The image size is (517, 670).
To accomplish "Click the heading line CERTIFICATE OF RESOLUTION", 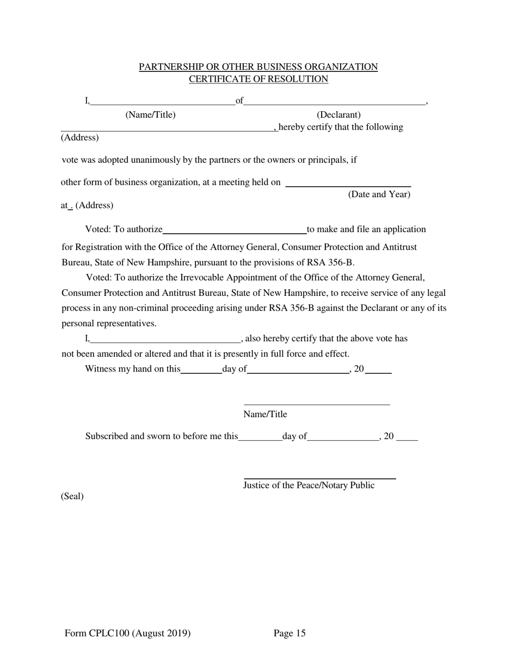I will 258,79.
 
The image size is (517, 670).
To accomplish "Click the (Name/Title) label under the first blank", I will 151,115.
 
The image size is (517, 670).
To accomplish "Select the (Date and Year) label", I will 379,194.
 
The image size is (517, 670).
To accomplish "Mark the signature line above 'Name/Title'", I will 317,404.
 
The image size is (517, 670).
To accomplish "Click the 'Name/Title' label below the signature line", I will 265,415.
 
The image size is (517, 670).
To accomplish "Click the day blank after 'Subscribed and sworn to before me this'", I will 260,438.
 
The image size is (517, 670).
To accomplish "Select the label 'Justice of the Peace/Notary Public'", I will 309,485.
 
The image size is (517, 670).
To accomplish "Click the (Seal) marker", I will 72,496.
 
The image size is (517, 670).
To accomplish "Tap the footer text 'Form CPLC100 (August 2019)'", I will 127,633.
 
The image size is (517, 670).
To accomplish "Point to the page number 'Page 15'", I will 290,633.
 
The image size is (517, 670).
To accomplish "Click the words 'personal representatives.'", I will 109,324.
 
